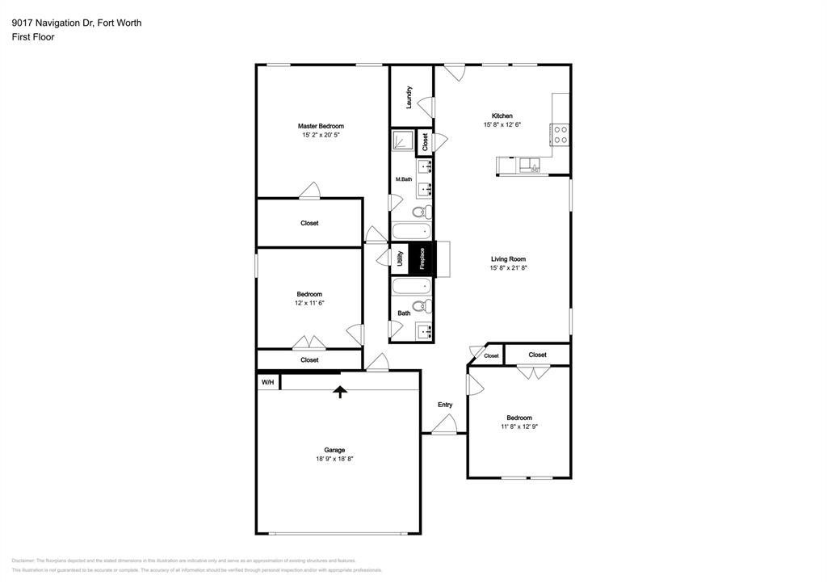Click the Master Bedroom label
point(321,126)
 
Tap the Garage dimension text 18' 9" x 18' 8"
point(334,459)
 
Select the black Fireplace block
point(422,259)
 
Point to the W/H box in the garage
point(267,382)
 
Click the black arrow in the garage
point(340,392)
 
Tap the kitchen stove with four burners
point(560,134)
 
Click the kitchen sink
point(531,166)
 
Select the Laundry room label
point(410,97)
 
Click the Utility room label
point(400,258)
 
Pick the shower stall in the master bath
point(402,141)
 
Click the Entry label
point(445,405)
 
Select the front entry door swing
point(445,424)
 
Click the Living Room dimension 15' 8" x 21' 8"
point(508,268)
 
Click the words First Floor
point(33,37)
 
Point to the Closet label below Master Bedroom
point(309,223)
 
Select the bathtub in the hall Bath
point(417,286)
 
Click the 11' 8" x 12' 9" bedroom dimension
point(518,426)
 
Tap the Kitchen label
point(502,116)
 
